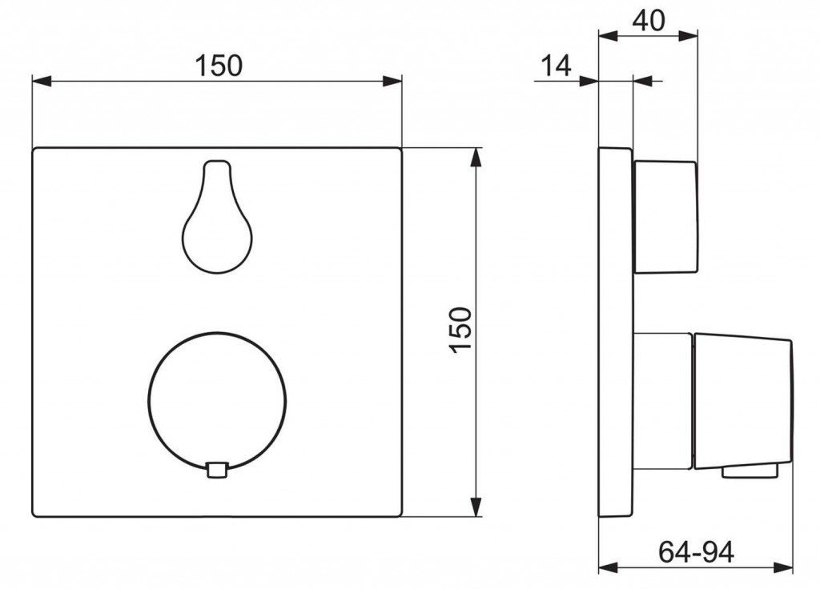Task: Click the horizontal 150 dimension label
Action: coord(219,66)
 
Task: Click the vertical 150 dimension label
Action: coord(460,331)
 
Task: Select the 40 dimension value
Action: coord(649,21)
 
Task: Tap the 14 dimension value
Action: coord(556,66)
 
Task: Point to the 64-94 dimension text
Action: coord(696,551)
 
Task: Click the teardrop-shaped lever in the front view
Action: coord(217,216)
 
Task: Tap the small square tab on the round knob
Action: coord(217,469)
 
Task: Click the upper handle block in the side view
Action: coord(665,217)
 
